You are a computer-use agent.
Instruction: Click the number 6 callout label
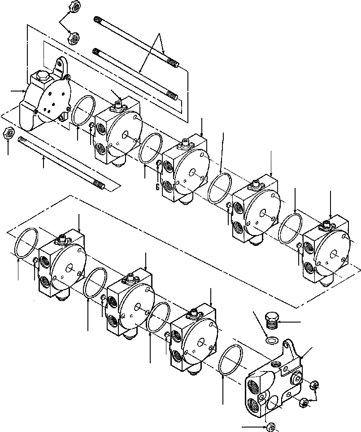[x=157, y=188]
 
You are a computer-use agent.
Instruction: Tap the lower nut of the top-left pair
[x=73, y=38]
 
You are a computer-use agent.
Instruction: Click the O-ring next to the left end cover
[x=83, y=111]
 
